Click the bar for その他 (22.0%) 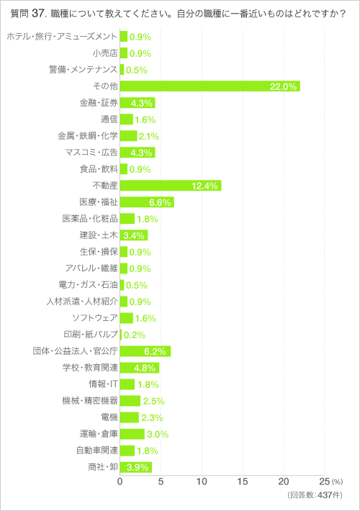210,86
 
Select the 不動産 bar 171,186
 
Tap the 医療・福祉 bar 147,202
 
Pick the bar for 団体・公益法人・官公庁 145,351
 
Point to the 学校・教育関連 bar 139,368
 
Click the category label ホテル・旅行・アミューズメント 61,37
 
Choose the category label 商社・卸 100,467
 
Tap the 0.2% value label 135,335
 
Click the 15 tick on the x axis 243,481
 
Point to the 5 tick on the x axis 161,481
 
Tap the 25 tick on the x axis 324,481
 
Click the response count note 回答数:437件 315,496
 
